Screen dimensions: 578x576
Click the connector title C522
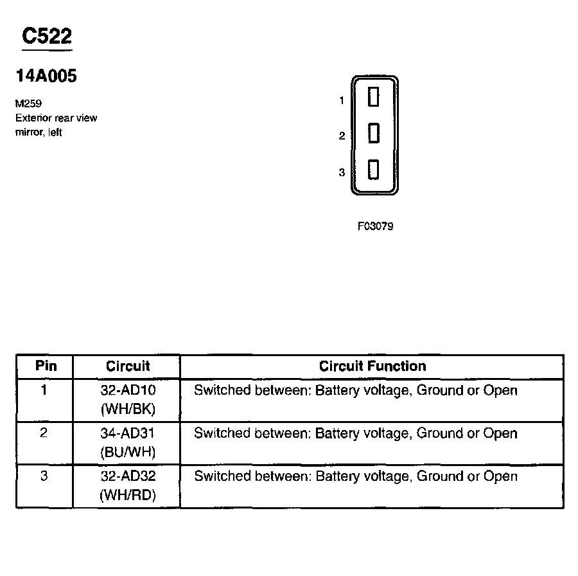coord(46,37)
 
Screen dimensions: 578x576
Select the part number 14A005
coord(46,76)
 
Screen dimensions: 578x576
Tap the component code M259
coord(28,104)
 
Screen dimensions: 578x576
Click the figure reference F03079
coord(375,226)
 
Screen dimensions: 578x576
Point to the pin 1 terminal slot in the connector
coord(373,98)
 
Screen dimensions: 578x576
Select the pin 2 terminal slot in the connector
coord(373,134)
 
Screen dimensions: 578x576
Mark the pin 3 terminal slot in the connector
coord(373,170)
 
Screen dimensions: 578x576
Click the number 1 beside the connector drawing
coord(342,100)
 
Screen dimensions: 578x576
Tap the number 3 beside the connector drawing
coord(342,172)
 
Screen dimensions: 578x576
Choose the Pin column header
coord(46,366)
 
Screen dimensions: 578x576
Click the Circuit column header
coord(128,366)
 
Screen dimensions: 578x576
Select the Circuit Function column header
coord(372,366)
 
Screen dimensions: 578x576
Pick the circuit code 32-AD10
coord(128,390)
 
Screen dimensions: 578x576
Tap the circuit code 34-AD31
coord(128,433)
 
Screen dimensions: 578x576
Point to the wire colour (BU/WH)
coord(128,452)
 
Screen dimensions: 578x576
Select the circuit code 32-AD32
coord(128,476)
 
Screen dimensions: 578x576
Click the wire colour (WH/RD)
coord(128,495)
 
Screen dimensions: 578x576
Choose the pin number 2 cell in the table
coord(44,433)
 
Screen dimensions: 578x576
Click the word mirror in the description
coord(28,132)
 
